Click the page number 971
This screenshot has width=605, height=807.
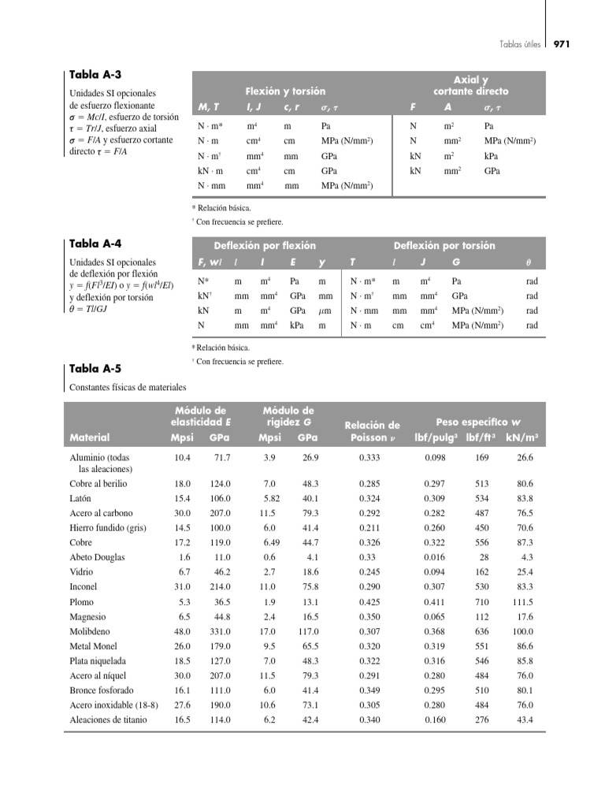(562, 44)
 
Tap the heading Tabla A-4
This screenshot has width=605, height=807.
(95, 245)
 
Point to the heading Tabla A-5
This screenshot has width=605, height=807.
(95, 368)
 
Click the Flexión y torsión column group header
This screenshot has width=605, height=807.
(285, 91)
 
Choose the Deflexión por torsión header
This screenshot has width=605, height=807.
(444, 245)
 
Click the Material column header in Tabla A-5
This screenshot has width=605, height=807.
(90, 437)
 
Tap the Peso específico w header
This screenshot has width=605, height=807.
(479, 422)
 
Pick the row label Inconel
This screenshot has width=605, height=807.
(86, 587)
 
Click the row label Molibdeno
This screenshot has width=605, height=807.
(91, 631)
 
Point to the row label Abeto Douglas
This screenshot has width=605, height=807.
(97, 557)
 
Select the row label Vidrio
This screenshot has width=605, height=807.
(83, 572)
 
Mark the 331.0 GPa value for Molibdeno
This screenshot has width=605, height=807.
(220, 632)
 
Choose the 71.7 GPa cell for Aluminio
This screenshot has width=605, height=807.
(221, 457)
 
